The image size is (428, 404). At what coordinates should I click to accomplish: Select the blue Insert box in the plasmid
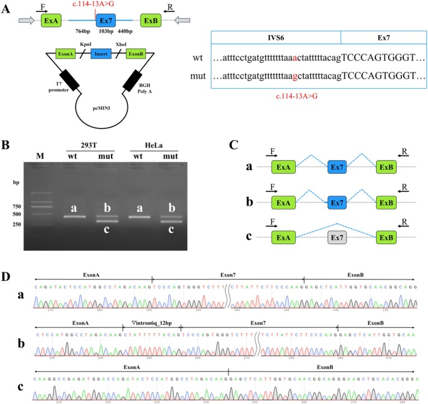(102, 54)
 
